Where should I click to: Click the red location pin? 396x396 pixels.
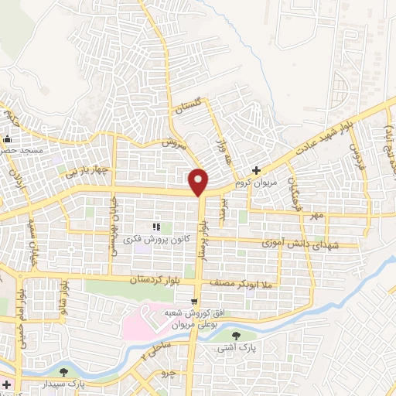199,182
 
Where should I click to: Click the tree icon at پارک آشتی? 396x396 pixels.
236,335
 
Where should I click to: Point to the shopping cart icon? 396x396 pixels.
195,300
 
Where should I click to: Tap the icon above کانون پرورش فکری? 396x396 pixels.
155,227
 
